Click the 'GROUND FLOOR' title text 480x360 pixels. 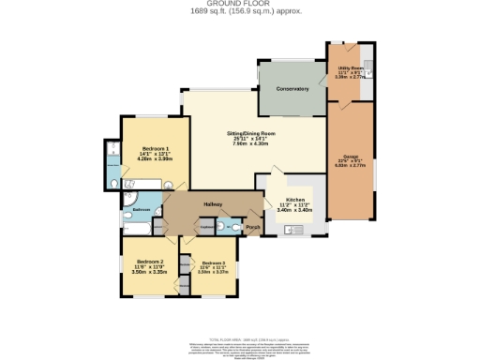click(240, 4)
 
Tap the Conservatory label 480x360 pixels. click(292, 89)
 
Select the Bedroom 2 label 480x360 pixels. click(150, 262)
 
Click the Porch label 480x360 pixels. click(252, 227)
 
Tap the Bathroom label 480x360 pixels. click(141, 209)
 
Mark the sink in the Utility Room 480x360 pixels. click(369, 67)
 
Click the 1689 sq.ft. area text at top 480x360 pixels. click(240, 11)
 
